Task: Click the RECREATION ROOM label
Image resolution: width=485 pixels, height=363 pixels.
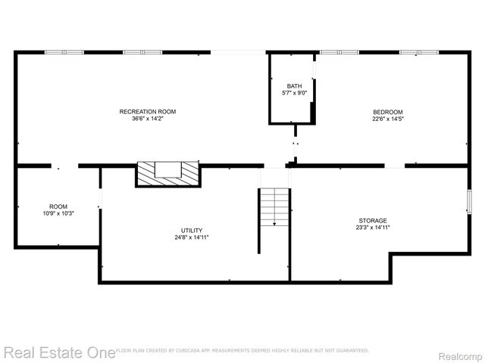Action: (142, 111)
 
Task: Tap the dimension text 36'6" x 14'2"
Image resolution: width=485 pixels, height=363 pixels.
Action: (142, 118)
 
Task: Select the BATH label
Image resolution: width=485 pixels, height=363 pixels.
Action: (294, 86)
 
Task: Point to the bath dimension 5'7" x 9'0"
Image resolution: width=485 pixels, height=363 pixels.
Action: (294, 93)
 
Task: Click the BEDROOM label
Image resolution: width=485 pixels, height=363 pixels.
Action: (387, 111)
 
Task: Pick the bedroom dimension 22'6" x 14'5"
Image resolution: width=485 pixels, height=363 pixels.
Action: (387, 118)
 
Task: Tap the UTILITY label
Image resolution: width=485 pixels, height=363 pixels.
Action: (192, 230)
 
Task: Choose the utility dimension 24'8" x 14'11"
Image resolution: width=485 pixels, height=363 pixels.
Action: (192, 237)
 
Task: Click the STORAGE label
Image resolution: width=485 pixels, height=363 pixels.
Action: (373, 220)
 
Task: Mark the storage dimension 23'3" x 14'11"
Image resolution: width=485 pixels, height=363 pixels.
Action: (373, 227)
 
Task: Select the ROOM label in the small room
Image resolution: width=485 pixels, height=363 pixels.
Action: (58, 206)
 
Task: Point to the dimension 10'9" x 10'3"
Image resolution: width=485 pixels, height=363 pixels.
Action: (58, 213)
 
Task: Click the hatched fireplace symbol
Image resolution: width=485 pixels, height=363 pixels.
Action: (168, 174)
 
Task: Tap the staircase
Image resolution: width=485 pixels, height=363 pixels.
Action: (274, 207)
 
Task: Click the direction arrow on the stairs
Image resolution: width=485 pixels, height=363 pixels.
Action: (274, 221)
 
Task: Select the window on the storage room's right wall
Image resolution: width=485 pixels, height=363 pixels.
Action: (468, 202)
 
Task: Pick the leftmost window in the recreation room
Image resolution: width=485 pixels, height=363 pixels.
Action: (64, 52)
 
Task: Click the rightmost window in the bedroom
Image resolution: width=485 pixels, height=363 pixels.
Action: (419, 52)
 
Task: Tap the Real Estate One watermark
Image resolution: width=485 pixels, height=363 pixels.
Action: (58, 352)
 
